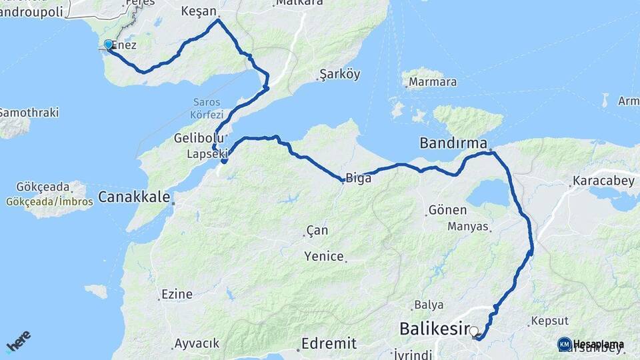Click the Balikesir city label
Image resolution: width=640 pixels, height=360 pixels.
tap(434, 328)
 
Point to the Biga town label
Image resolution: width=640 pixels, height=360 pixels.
tap(355, 179)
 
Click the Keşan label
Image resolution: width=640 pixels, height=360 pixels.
tap(199, 12)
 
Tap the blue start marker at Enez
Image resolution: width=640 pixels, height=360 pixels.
tap(108, 44)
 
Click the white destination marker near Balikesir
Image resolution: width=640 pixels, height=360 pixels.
tap(474, 331)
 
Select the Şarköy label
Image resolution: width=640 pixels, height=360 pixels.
tap(339, 73)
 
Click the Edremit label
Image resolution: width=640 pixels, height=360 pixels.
tap(329, 344)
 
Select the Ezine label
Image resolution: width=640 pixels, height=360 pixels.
tap(177, 294)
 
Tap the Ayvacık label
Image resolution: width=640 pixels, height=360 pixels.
tap(196, 344)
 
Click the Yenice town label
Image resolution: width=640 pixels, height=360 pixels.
tap(324, 256)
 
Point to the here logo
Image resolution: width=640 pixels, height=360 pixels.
tap(18, 342)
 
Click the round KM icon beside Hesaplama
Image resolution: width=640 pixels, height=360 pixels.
tap(564, 344)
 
